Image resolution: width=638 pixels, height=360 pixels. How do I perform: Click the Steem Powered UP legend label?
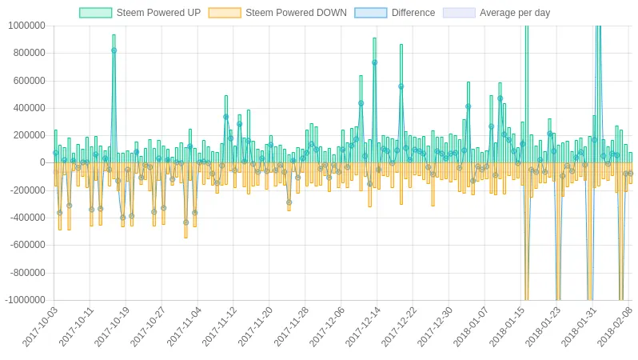click(158, 13)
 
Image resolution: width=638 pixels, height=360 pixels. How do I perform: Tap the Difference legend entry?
click(413, 13)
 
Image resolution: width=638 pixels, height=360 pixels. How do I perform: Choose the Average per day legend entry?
click(515, 13)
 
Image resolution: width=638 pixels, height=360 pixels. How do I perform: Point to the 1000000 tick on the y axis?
click(26, 26)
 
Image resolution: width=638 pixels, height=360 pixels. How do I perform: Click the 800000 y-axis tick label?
click(29, 53)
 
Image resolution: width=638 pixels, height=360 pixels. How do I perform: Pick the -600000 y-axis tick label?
click(27, 245)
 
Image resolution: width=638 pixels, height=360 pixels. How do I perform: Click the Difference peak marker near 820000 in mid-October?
click(114, 50)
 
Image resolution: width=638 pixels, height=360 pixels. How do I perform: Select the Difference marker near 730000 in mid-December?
click(374, 62)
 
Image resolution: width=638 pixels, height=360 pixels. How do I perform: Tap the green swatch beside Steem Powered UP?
click(95, 13)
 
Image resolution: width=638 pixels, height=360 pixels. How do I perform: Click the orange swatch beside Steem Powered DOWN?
click(224, 13)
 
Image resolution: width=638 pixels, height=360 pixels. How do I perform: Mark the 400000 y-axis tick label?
click(29, 108)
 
